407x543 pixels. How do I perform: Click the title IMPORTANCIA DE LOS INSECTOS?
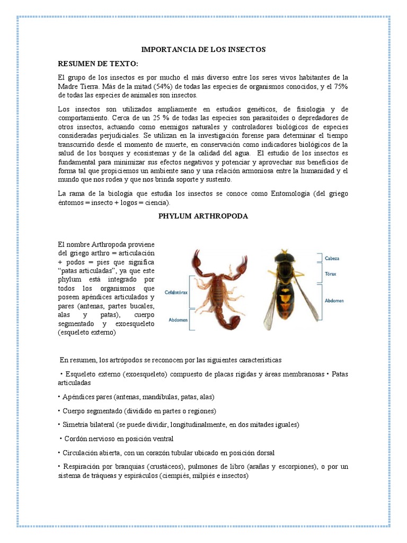[x=203, y=49]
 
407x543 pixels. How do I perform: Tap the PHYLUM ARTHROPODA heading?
[x=203, y=216]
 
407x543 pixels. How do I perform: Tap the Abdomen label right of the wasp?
[x=334, y=301]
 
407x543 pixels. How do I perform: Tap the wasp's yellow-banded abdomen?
[x=286, y=302]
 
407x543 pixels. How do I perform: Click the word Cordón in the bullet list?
[x=75, y=439]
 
